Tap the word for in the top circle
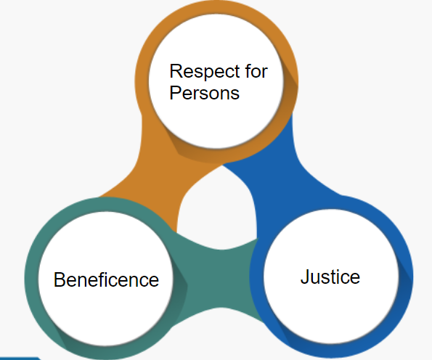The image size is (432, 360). tap(256, 71)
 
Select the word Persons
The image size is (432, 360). tap(205, 93)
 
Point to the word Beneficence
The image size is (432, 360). tap(106, 279)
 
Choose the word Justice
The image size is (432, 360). tap(330, 277)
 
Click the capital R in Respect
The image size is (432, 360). tap(176, 71)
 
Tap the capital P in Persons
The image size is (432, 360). tap(176, 93)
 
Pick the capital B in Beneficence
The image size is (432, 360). tap(60, 279)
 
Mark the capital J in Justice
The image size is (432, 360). tap(305, 277)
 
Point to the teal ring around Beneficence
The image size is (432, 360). tap(31, 278)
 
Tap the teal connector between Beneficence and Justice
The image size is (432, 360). tap(221, 278)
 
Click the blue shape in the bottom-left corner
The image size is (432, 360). tap(20, 359)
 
